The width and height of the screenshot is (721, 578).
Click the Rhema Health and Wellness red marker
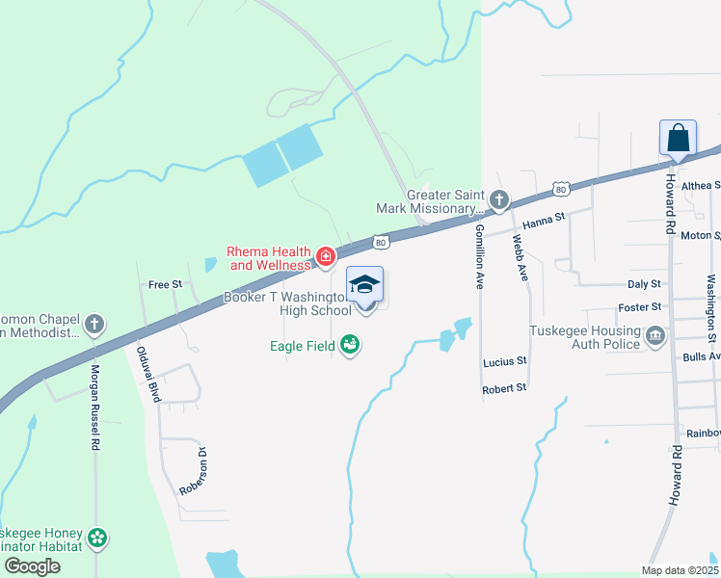pos(326,257)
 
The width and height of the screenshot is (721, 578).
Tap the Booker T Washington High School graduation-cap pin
pos(365,286)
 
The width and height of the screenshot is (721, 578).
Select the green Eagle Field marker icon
pos(350,344)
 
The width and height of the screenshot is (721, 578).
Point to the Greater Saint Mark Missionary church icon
pos(498,199)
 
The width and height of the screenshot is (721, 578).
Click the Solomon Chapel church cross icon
pos(94,324)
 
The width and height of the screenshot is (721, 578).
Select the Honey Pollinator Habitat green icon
pos(96,538)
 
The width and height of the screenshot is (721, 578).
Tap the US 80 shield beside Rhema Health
pos(381,241)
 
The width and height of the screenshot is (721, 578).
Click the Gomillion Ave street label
pos(478,255)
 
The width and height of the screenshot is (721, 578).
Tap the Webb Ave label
pos(521,258)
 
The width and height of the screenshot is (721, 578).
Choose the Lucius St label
pos(505,361)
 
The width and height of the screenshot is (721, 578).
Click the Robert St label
pos(504,387)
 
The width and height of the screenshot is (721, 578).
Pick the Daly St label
pos(644,284)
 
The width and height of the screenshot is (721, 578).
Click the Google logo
pos(31,566)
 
